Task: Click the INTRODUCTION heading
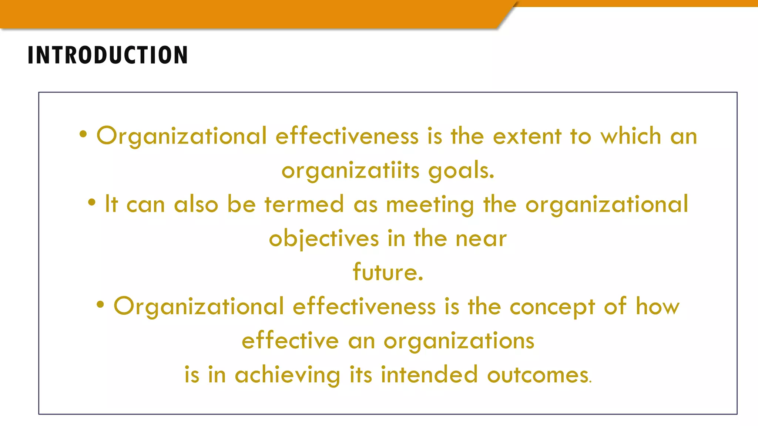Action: coord(108,55)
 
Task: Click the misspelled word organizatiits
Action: coord(351,171)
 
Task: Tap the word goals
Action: coord(461,171)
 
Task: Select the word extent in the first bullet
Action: coord(527,136)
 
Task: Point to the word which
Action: coord(631,136)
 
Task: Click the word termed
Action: coord(304,204)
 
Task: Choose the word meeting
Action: coord(430,205)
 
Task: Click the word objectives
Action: coord(324,239)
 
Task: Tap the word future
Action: coord(388,272)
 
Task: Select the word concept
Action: coord(552,307)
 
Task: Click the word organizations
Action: coord(459,341)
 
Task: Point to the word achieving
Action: coord(287,375)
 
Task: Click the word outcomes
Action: coord(539,375)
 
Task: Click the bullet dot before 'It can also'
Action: coord(92,202)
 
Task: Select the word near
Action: coord(481,239)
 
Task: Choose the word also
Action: coord(196,204)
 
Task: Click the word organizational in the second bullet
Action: coord(607,205)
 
